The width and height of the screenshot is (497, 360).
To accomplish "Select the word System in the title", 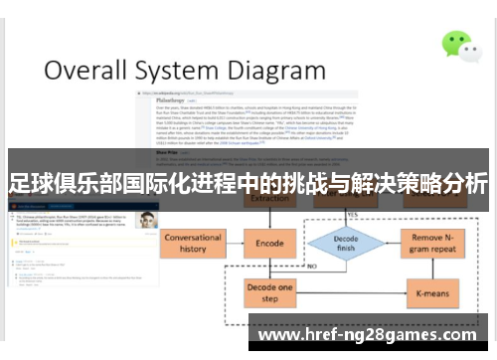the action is point(189,72).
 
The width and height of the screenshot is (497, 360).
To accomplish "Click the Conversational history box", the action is point(193,243).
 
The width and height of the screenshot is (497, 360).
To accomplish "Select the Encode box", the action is point(270,243).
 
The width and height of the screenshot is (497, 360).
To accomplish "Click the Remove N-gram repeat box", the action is point(433,244).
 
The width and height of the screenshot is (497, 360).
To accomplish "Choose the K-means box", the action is point(433,293).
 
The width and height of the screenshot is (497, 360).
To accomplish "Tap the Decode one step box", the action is point(270,293).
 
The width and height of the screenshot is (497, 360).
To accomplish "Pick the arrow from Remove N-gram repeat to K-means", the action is point(433,269).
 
